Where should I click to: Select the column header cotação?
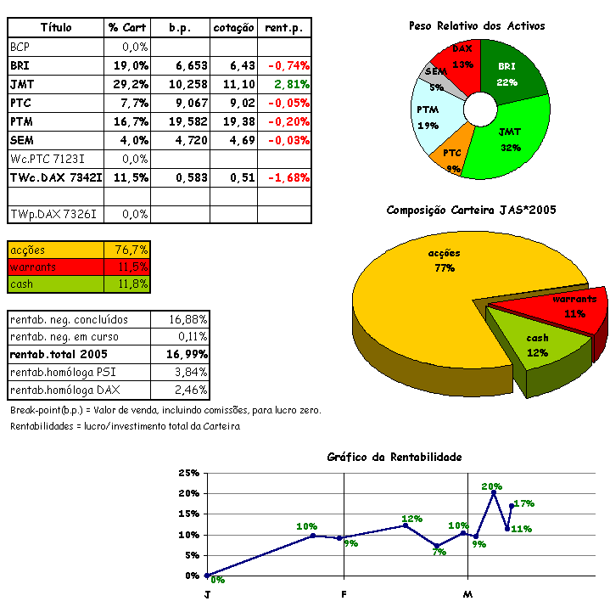(x=233, y=28)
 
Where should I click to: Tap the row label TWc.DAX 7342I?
(x=56, y=177)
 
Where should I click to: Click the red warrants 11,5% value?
(x=132, y=267)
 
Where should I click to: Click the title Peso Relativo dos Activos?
(x=476, y=26)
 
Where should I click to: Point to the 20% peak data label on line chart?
(x=492, y=486)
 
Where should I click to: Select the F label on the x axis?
(x=344, y=593)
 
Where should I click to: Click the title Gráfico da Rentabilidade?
(x=395, y=457)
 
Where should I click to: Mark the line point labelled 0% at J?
(x=207, y=576)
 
